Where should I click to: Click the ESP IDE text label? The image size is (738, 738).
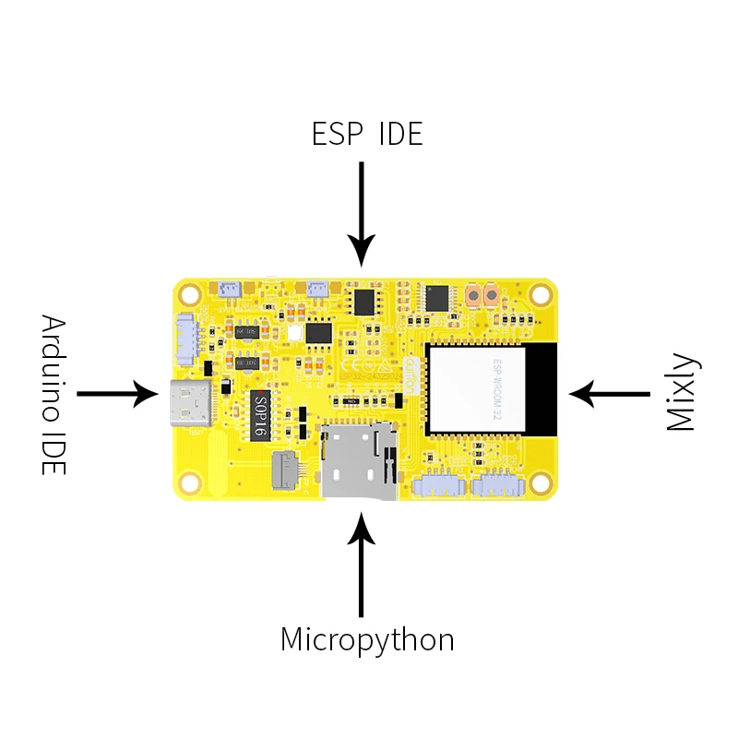click(x=367, y=134)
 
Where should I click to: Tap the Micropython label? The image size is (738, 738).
click(x=367, y=639)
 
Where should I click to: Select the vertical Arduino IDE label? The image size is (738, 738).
click(x=54, y=395)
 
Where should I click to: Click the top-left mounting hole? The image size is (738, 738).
click(x=190, y=295)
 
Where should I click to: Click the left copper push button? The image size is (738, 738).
click(x=473, y=296)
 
